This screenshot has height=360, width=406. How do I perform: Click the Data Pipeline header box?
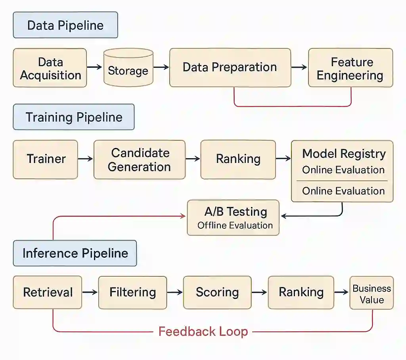coord(65,25)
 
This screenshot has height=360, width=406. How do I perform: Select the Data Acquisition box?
coord(50,68)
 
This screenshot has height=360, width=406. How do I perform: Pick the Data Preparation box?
coord(230,67)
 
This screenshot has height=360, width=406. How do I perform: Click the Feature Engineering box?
coord(350,68)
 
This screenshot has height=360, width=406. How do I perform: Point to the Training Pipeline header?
coord(74,117)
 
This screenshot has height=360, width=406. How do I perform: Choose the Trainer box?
coord(46,159)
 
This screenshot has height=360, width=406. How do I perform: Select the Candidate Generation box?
coord(140,159)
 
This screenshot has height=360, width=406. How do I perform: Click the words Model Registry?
coord(344,154)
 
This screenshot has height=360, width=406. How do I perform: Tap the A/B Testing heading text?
coord(236,212)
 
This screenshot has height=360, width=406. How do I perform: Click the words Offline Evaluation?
coord(235,226)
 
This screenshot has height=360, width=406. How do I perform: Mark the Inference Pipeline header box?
coord(75,253)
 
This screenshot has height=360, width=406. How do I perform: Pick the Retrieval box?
coord(48,292)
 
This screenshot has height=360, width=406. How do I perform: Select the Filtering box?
coord(132,292)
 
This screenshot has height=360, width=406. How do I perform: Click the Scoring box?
coord(217,292)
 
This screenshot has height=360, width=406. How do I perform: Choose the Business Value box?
coord(372,294)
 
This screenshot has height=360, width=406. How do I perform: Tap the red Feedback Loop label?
coord(203,331)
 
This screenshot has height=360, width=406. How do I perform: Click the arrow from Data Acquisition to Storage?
coord(94,67)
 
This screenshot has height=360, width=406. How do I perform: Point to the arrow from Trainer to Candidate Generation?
coord(85,159)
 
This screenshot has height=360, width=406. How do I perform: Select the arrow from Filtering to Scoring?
coord(174,292)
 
